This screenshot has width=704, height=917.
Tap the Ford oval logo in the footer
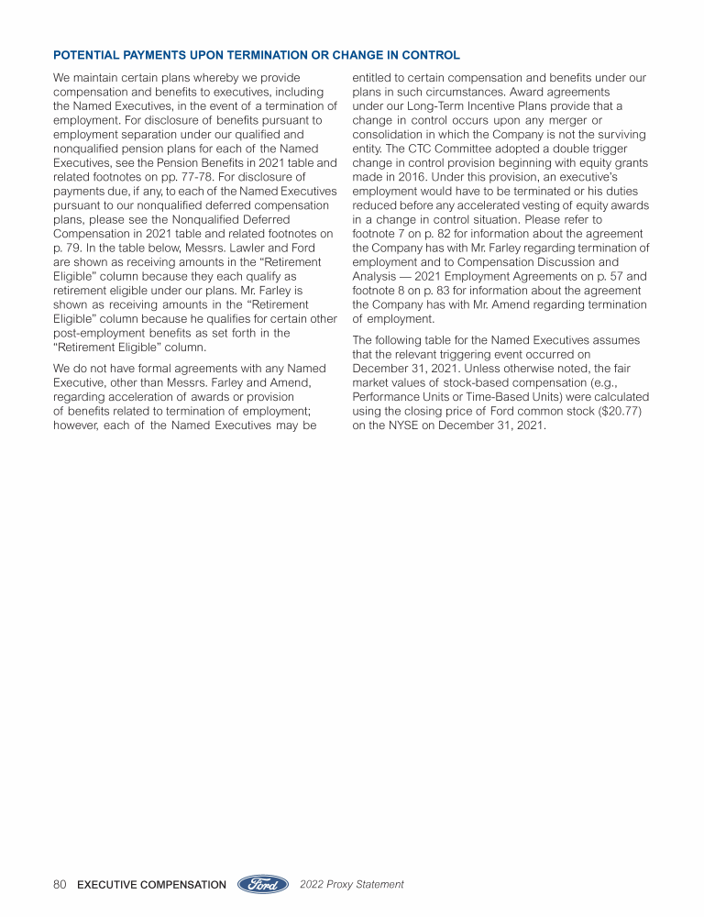[264, 885]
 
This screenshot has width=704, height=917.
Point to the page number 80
[60, 885]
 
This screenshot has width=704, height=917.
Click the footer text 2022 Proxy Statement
[352, 885]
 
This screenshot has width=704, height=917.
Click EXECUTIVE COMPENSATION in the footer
[152, 885]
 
